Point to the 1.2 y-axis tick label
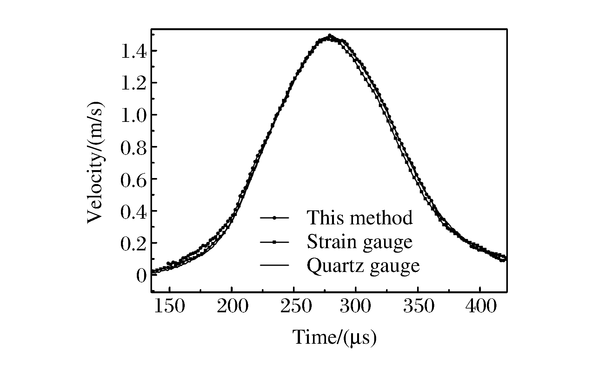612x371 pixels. point(134,83)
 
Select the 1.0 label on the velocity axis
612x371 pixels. point(134,115)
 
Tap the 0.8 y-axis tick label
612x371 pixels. point(134,147)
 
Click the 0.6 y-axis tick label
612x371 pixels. point(134,179)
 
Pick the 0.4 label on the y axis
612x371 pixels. point(134,211)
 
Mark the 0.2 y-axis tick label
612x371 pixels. point(134,243)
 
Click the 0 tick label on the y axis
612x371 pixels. point(142,275)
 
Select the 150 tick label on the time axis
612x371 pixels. point(170,307)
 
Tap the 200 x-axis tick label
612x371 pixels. point(232,307)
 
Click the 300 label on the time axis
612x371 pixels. point(356,307)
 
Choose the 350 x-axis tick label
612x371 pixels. point(418,307)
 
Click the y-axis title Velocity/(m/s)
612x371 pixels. point(95,162)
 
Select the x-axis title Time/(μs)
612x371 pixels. point(334,338)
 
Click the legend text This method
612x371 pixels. point(360,218)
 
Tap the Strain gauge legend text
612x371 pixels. point(360,242)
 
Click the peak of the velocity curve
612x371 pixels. point(330,36)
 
